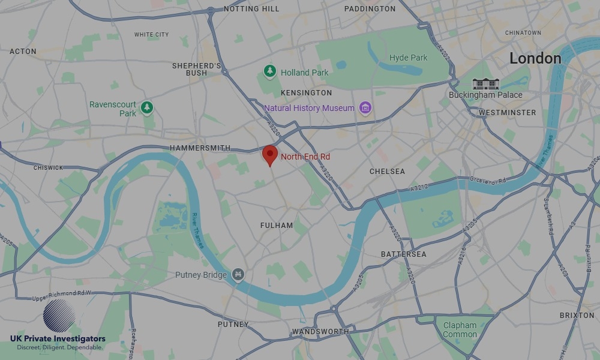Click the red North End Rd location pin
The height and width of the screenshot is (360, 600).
click(270, 154)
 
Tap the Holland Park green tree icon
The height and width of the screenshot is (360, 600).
click(270, 72)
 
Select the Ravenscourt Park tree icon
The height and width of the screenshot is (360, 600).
click(147, 108)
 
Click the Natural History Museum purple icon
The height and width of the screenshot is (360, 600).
click(365, 108)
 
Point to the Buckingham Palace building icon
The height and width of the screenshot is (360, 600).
click(485, 83)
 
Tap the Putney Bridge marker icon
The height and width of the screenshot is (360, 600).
click(238, 275)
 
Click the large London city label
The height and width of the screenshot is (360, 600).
click(535, 58)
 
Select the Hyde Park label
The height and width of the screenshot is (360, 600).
click(409, 58)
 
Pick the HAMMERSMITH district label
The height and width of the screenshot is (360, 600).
click(200, 148)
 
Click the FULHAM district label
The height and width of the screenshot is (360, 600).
click(277, 226)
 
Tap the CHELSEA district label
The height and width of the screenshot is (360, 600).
click(387, 172)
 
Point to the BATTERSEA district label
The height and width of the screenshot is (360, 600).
click(404, 254)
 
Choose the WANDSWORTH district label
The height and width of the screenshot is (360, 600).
click(320, 332)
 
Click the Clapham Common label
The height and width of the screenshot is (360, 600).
click(460, 330)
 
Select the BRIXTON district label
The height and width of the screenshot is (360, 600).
click(577, 315)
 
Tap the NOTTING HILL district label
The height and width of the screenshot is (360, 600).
click(251, 9)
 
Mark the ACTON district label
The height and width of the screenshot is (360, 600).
click(23, 52)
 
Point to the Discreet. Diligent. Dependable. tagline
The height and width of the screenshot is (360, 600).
click(59, 347)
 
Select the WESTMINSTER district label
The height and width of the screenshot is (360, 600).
click(507, 113)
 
